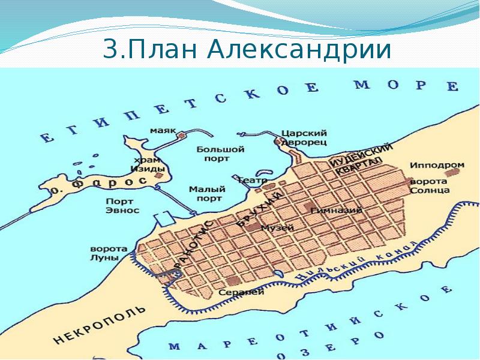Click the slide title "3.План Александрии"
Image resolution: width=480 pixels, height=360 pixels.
247,50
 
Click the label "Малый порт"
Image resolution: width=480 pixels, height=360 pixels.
206,193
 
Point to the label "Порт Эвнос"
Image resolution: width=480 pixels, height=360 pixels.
122,206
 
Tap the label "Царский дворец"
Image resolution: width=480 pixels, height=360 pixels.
304,137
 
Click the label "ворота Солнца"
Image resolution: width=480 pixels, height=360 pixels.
430,185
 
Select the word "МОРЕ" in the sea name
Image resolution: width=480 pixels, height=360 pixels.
405,85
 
